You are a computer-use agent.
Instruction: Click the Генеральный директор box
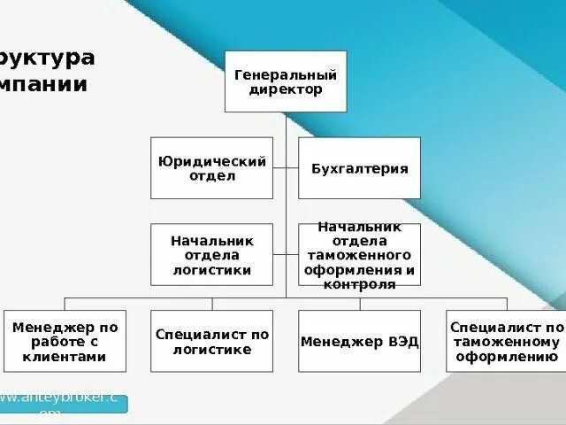click(286, 81)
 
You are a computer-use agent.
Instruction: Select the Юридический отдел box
click(212, 168)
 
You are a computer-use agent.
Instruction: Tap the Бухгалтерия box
click(359, 168)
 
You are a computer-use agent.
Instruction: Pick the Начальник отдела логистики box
click(212, 255)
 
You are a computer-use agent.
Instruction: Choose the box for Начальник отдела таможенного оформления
click(359, 255)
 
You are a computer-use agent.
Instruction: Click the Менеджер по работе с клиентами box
click(65, 342)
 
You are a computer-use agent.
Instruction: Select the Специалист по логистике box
click(212, 342)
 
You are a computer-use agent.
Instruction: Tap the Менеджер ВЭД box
click(359, 342)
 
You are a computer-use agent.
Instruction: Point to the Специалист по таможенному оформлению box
click(505, 342)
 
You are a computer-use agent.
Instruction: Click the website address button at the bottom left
click(64, 404)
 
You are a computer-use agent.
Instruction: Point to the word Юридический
click(212, 161)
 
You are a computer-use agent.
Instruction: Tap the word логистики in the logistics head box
click(212, 270)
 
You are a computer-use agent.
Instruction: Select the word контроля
click(359, 285)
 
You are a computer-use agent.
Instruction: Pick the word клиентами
click(65, 357)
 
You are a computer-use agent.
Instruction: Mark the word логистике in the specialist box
click(212, 350)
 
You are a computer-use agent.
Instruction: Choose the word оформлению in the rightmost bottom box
click(505, 357)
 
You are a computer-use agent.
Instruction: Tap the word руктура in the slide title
click(48, 58)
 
